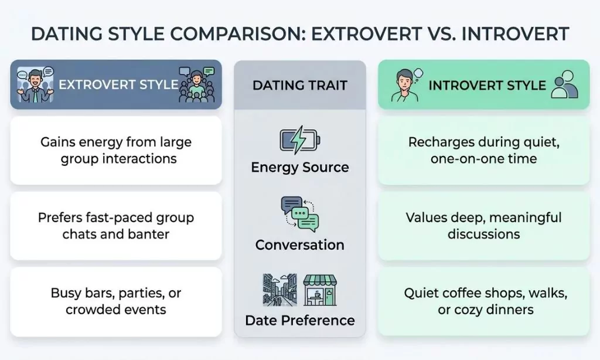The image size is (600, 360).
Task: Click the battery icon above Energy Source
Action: [299, 141]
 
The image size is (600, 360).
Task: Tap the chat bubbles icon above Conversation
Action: [299, 214]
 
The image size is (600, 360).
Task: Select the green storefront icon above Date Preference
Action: [320, 290]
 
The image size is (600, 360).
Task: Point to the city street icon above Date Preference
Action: [280, 290]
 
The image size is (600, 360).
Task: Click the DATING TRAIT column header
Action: [299, 85]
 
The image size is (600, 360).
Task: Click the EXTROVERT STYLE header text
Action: [118, 84]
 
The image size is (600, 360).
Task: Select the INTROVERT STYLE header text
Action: [487, 85]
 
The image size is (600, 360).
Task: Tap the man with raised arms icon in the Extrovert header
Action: [36, 85]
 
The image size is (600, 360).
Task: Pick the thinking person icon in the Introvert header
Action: [405, 85]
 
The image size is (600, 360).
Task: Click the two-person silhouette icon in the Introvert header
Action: [565, 85]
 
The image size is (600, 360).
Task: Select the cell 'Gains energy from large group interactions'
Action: [116, 151]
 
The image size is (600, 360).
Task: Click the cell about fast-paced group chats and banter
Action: [116, 226]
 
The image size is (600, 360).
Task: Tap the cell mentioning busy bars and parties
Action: [116, 301]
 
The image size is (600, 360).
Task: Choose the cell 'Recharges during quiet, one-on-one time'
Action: [483, 151]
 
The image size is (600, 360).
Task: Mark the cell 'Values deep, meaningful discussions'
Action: [483, 226]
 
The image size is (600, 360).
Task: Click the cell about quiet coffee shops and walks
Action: [483, 301]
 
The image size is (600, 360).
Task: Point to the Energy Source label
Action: [299, 168]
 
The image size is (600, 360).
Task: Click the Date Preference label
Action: [299, 321]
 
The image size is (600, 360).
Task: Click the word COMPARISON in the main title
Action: [231, 33]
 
